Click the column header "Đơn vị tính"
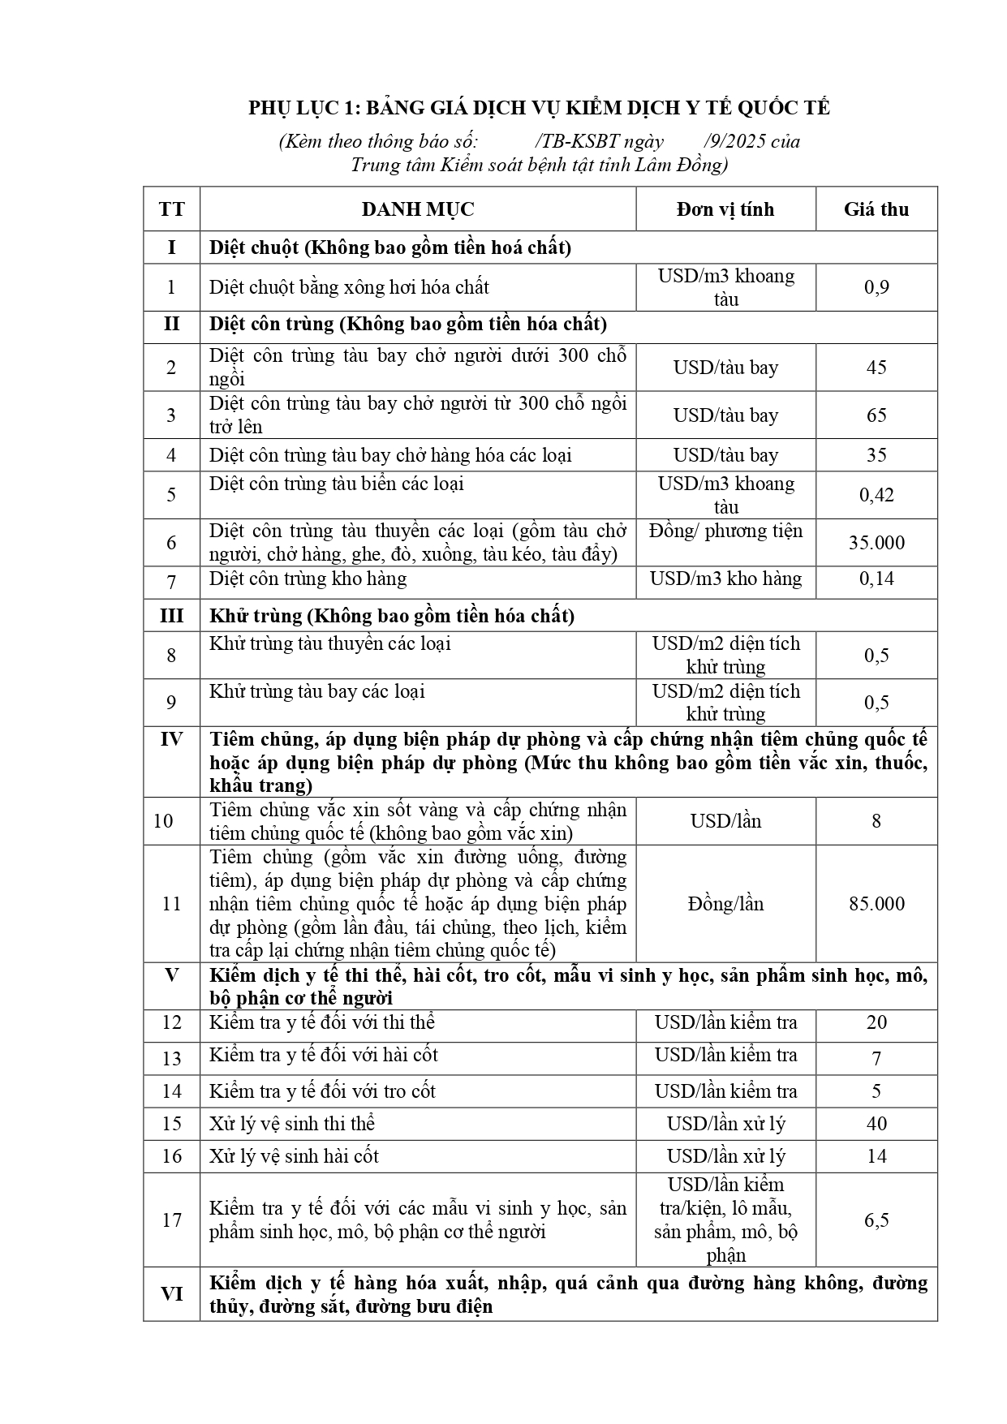click(x=725, y=209)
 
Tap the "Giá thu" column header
click(x=876, y=209)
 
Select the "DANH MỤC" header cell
click(x=418, y=209)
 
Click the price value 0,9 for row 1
click(x=876, y=287)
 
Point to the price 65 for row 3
click(x=876, y=415)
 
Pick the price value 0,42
click(x=876, y=495)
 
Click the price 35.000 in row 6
click(x=876, y=543)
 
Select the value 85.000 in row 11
click(x=876, y=904)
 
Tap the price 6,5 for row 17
click(x=876, y=1220)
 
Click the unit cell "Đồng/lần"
click(x=725, y=904)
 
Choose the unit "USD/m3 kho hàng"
click(x=725, y=579)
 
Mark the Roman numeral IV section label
click(x=171, y=739)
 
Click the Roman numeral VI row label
click(x=171, y=1294)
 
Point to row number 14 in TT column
click(x=171, y=1091)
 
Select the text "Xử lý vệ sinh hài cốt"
click(x=294, y=1156)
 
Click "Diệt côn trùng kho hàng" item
click(x=308, y=579)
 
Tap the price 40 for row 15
click(x=876, y=1124)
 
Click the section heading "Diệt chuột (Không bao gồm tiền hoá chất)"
click(x=390, y=247)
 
